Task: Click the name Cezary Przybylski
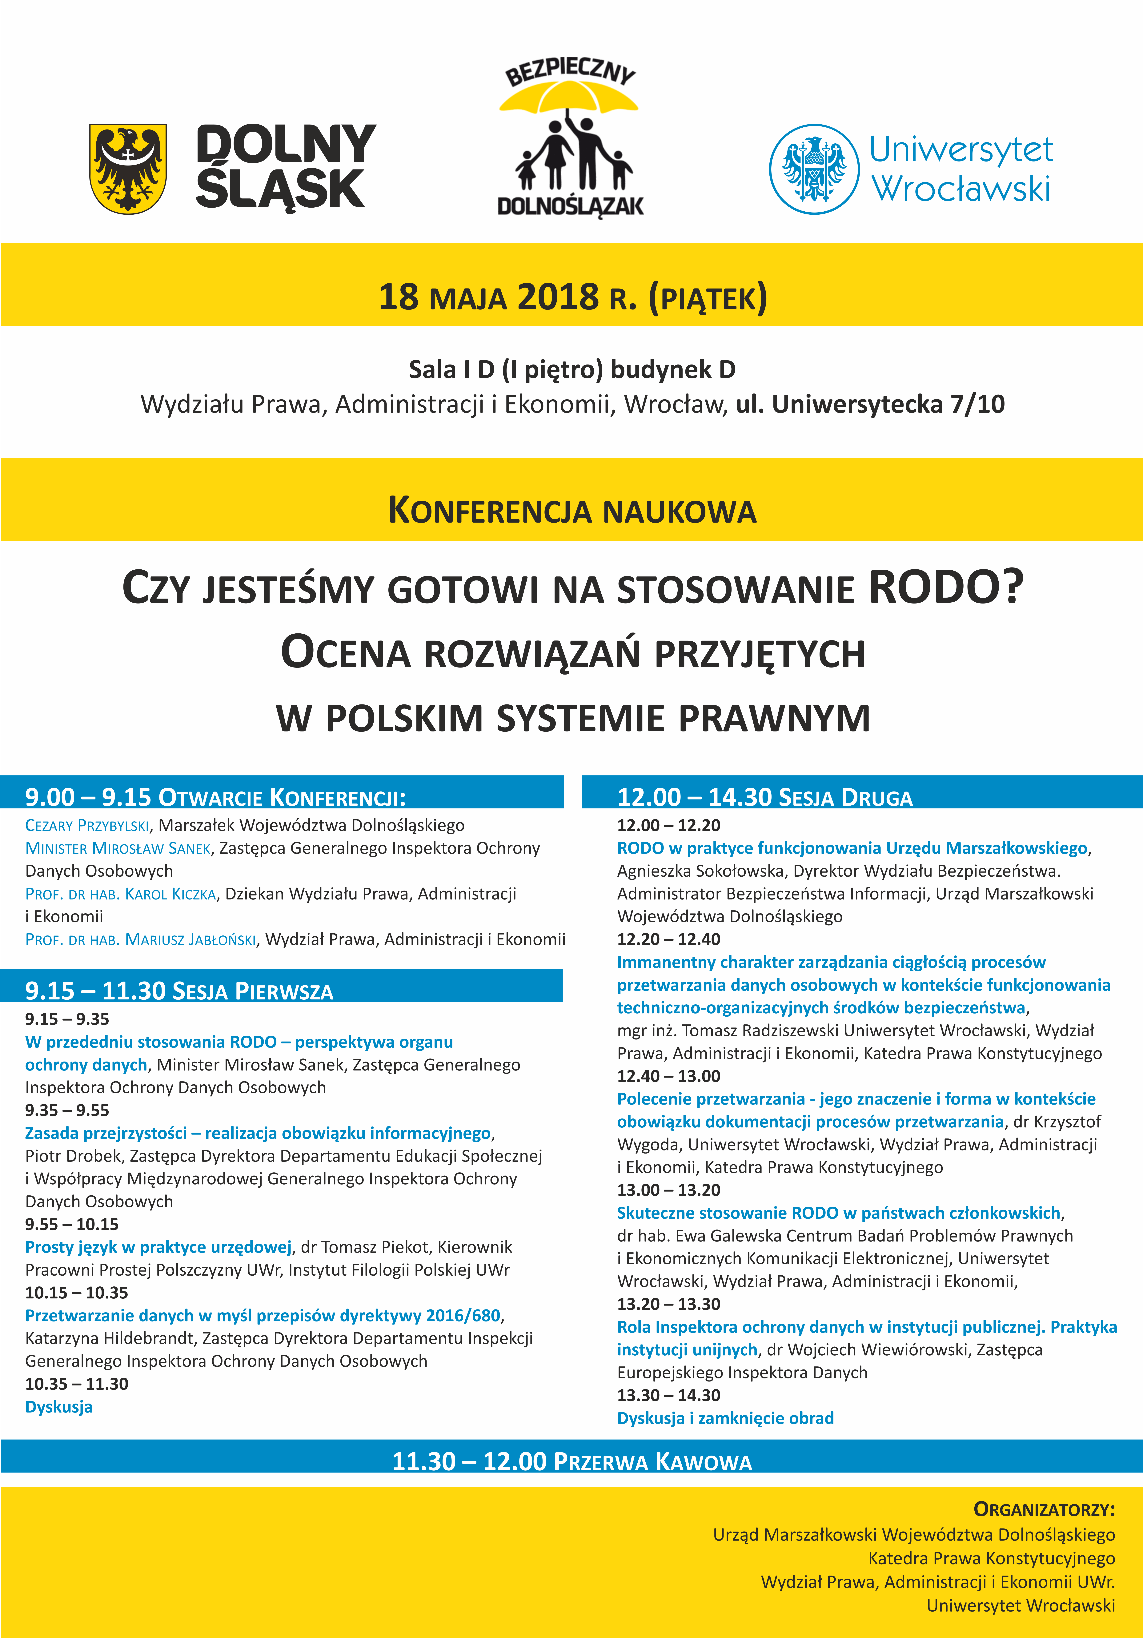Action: (87, 825)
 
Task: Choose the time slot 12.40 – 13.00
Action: (668, 1076)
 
